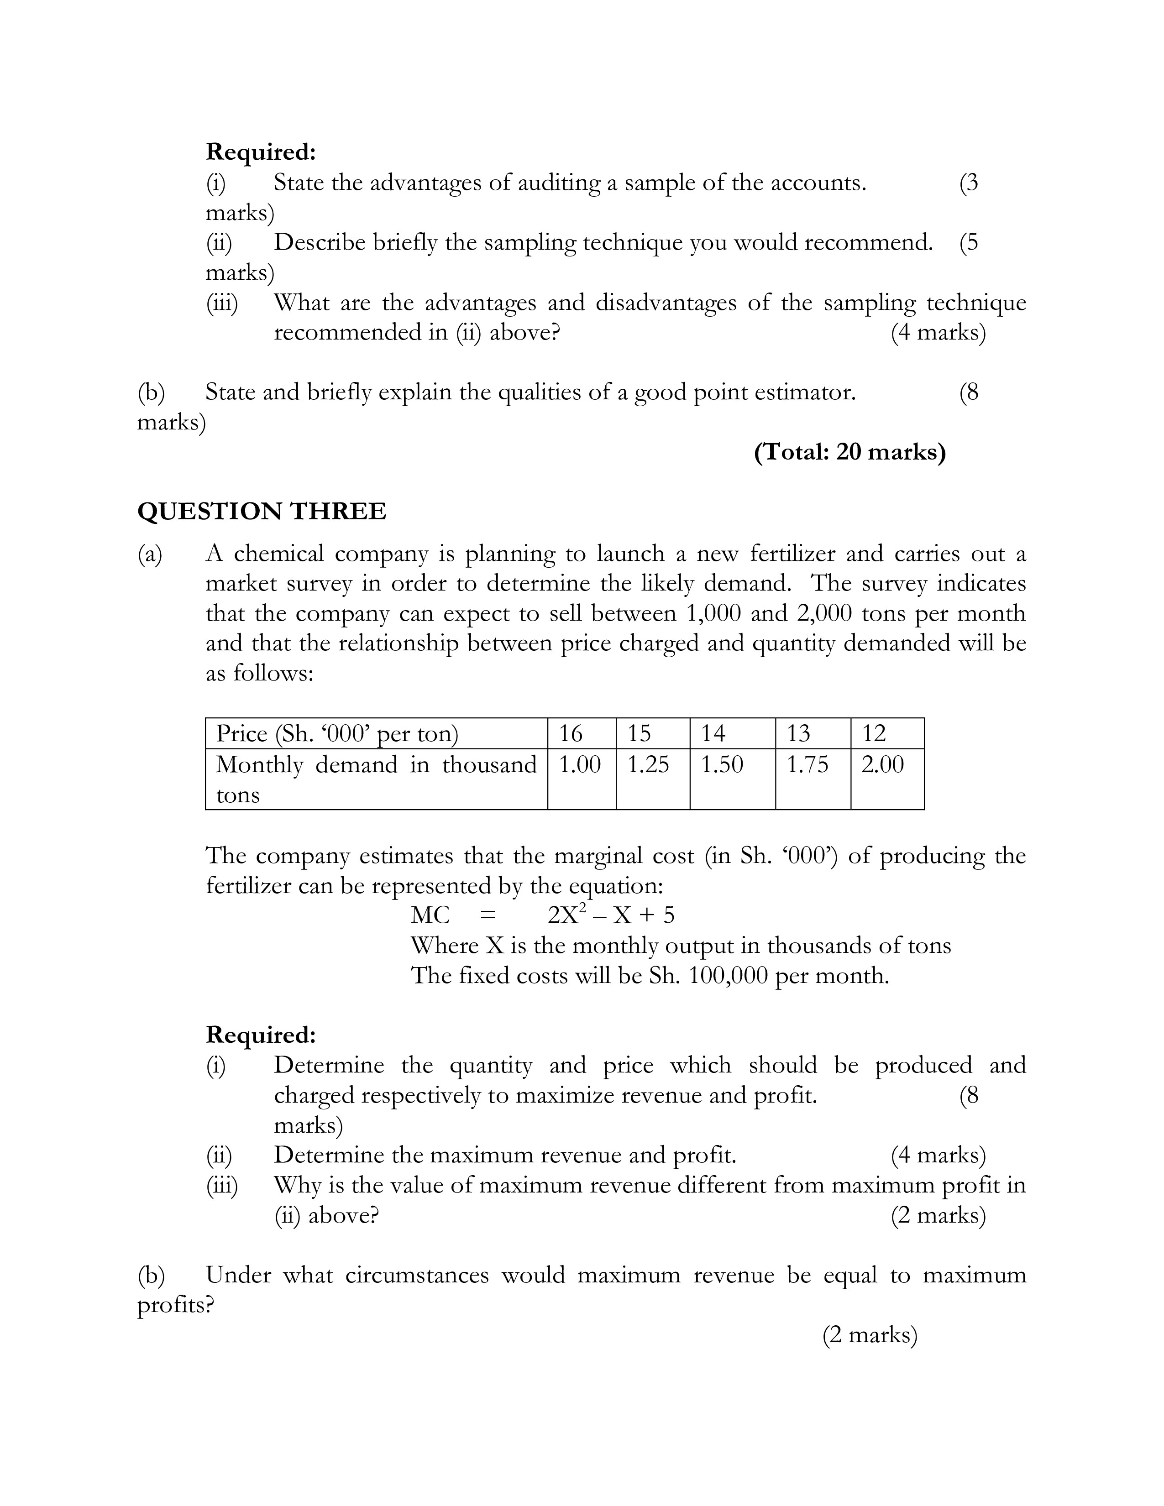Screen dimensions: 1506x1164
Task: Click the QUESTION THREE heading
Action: pos(262,512)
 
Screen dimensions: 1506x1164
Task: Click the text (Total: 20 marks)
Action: pos(849,452)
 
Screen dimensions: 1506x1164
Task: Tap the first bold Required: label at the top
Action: pos(261,152)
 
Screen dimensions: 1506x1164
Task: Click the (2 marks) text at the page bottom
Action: pos(870,1335)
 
